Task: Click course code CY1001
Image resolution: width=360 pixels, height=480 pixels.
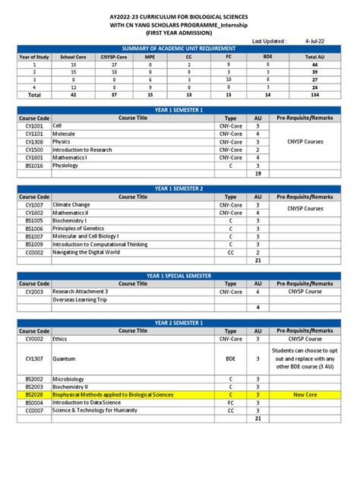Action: (x=34, y=126)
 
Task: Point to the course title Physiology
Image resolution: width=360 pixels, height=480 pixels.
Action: (x=65, y=165)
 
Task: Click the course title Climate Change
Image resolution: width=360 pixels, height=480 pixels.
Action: (x=71, y=205)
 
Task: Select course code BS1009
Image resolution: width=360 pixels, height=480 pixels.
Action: (x=34, y=244)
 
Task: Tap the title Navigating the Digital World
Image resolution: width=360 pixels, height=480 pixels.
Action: (x=86, y=252)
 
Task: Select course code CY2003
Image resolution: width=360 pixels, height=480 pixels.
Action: (x=34, y=291)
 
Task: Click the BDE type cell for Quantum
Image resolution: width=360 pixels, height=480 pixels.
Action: (x=231, y=358)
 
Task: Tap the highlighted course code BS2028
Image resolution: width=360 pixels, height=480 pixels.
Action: (x=34, y=394)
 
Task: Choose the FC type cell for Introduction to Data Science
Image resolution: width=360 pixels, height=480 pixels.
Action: (x=231, y=403)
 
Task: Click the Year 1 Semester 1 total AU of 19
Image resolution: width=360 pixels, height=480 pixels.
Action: (x=258, y=173)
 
